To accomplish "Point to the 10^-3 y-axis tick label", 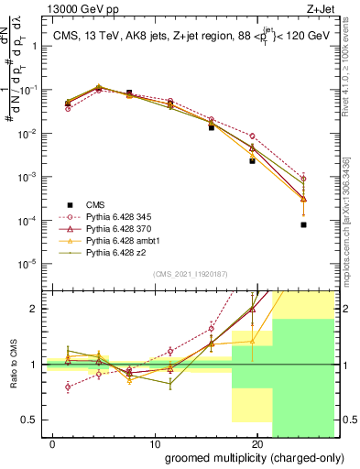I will tap(27, 177).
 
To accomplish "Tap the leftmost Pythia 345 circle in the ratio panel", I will tap(68, 387).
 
